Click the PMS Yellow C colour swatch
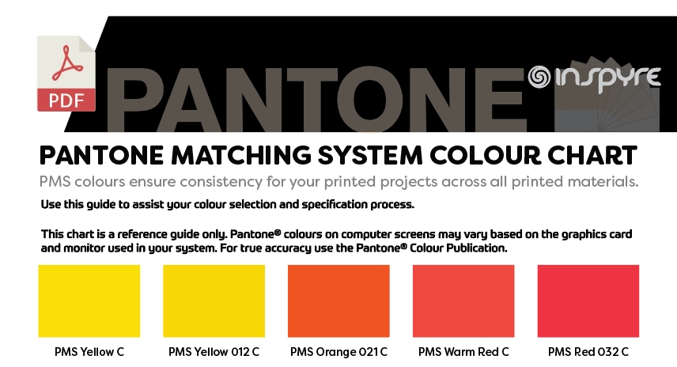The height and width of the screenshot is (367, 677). click(89, 301)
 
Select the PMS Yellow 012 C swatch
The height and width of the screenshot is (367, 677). click(214, 301)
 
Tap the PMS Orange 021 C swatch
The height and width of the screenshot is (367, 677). click(338, 301)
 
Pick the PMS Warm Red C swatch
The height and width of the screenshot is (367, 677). click(463, 301)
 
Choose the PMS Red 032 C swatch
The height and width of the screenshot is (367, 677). click(588, 301)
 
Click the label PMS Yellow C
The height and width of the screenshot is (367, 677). click(89, 352)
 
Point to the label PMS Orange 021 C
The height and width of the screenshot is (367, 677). click(338, 352)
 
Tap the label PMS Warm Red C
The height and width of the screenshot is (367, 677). click(463, 352)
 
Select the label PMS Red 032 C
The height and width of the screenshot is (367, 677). click(588, 352)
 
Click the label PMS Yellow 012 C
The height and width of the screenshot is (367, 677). click(214, 352)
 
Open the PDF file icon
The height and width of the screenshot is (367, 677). click(66, 74)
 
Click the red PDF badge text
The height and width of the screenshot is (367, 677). click(66, 100)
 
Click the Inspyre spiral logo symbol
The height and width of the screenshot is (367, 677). click(539, 77)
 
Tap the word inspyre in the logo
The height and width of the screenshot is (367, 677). click(607, 78)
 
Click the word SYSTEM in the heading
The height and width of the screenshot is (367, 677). click(370, 155)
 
